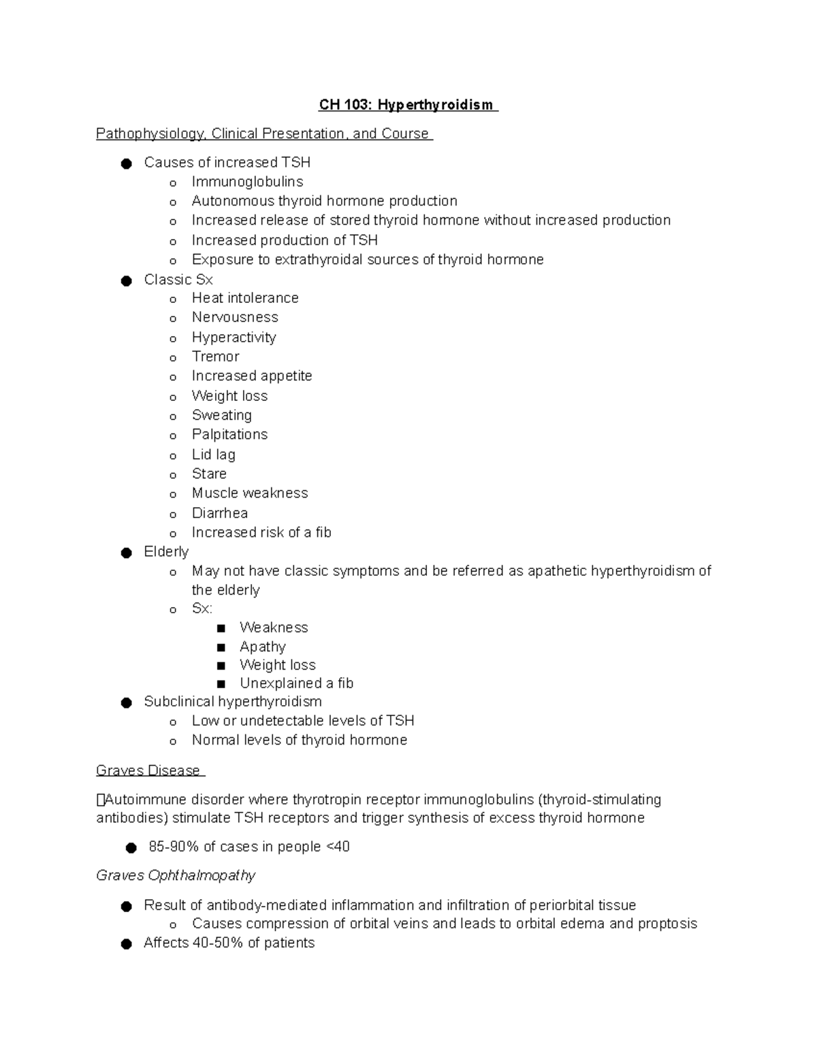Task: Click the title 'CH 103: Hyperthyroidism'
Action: (408, 105)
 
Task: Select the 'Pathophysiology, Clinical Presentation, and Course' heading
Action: (263, 133)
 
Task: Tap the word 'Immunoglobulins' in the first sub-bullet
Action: (247, 182)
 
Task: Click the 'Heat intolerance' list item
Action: (244, 298)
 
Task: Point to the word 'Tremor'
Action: (215, 357)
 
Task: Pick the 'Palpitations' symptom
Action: (229, 434)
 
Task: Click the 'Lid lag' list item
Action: (213, 455)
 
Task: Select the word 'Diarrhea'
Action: (219, 513)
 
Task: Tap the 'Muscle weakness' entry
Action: (249, 493)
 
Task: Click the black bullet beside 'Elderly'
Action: (126, 553)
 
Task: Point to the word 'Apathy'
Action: (262, 647)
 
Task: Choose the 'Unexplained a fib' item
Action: (296, 683)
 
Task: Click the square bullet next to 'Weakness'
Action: (221, 628)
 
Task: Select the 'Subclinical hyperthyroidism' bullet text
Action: (232, 702)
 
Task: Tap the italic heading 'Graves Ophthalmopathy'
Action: (176, 875)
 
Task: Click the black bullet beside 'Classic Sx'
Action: (126, 280)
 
